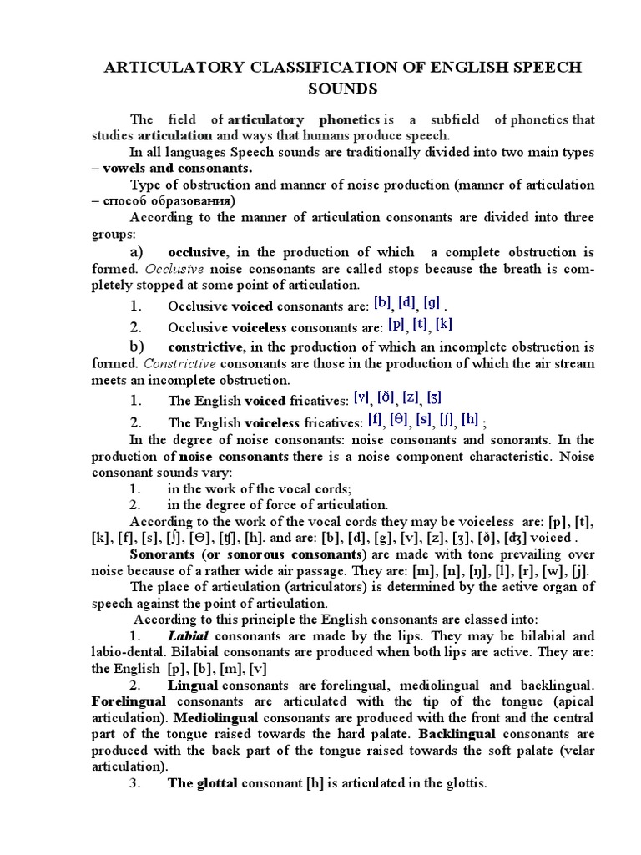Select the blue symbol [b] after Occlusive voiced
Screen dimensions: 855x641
point(382,303)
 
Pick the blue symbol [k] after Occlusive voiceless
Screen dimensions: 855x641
point(443,324)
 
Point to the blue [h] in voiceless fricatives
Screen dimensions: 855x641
point(471,418)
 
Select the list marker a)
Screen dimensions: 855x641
point(137,252)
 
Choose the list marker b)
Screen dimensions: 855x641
point(137,346)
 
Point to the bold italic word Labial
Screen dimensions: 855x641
point(187,635)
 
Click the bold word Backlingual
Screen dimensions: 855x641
point(457,734)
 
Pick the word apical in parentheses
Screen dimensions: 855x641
point(573,701)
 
